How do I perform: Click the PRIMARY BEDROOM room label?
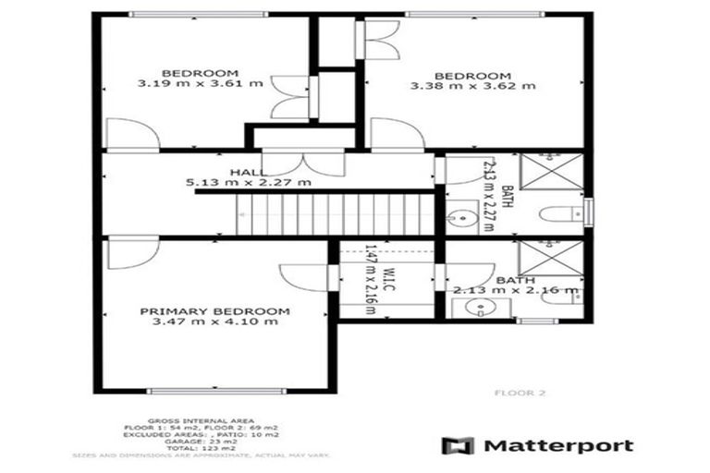click(x=214, y=311)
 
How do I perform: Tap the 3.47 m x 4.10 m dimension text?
click(x=214, y=322)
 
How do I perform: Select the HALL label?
click(x=250, y=172)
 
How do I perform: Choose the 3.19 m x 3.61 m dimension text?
click(x=201, y=84)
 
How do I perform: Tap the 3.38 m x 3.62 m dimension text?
click(x=472, y=87)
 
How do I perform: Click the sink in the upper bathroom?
click(x=460, y=218)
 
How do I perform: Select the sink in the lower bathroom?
click(x=475, y=309)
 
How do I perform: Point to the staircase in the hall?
click(x=333, y=213)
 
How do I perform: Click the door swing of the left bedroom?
click(x=130, y=135)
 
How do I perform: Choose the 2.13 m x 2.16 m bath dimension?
click(x=516, y=290)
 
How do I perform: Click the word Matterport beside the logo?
click(x=559, y=446)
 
